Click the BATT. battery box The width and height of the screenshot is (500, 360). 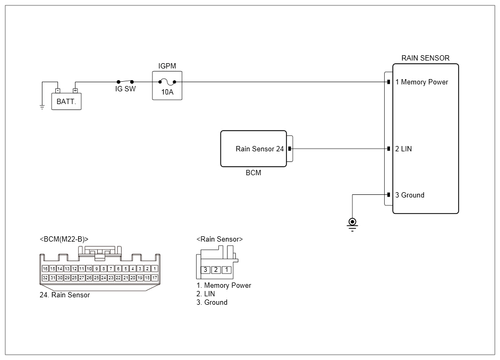click(x=66, y=101)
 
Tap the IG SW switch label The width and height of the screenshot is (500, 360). click(x=125, y=89)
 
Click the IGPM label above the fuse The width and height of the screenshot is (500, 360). click(x=167, y=66)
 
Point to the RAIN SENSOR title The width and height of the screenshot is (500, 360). click(x=425, y=58)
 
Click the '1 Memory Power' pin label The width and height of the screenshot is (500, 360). click(x=422, y=82)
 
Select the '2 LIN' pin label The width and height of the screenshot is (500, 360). click(x=403, y=149)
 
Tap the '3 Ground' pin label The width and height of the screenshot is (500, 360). click(x=410, y=195)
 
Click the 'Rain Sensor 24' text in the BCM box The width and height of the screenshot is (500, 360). click(x=259, y=149)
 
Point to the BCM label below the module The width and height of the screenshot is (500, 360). click(x=253, y=173)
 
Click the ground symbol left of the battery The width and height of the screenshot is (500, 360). click(x=42, y=107)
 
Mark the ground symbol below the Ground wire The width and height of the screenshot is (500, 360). click(x=352, y=223)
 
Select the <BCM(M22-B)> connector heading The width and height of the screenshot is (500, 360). click(x=64, y=239)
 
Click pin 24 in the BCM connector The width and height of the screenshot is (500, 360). click(x=104, y=278)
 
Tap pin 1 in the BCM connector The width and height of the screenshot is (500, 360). click(x=155, y=269)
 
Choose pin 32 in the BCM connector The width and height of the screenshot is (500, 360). click(x=45, y=278)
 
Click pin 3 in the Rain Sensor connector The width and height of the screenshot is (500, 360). click(x=205, y=270)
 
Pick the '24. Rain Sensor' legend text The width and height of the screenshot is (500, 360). click(x=64, y=295)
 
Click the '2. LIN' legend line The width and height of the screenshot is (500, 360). click(x=206, y=294)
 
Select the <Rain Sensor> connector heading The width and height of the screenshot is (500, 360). click(x=219, y=239)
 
